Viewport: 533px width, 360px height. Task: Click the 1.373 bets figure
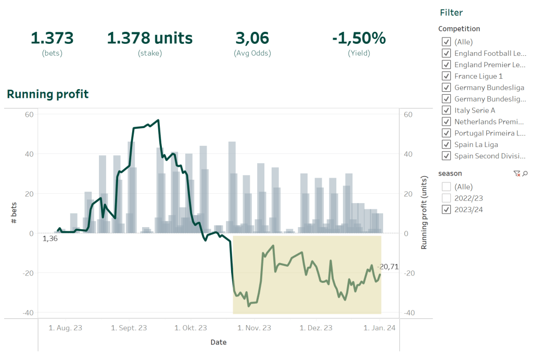coord(52,38)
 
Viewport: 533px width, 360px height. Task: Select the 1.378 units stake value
coord(149,38)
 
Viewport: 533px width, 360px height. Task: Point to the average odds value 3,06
coord(252,38)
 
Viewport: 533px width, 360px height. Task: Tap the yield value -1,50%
coord(359,38)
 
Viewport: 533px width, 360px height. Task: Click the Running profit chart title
coord(47,94)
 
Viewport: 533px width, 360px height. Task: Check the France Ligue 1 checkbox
coord(446,76)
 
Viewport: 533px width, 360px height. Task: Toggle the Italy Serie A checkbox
coord(446,110)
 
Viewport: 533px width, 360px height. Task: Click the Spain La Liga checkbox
coord(446,144)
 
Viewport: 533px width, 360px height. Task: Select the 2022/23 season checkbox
coord(446,198)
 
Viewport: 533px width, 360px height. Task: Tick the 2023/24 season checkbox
coord(446,209)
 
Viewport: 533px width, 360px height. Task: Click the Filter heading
coord(451,13)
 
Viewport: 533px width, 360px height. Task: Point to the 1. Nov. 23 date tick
coord(254,328)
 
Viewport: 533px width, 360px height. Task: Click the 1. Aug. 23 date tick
coord(66,328)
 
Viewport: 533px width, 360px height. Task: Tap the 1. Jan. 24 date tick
coord(379,328)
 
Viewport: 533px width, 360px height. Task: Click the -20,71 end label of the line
coord(388,267)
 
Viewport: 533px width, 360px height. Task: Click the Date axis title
coord(218,342)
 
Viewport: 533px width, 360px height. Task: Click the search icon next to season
coord(525,173)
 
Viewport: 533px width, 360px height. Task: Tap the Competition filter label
coord(459,29)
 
